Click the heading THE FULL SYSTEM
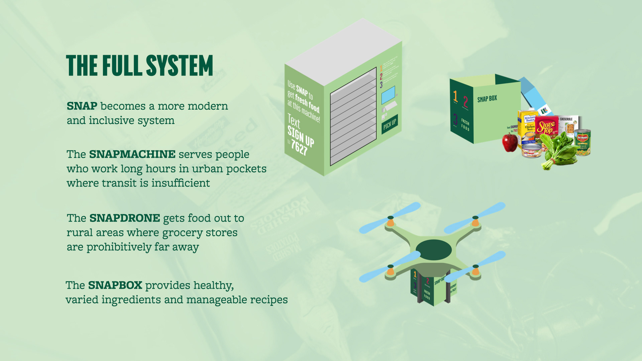click(x=139, y=66)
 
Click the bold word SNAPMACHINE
click(x=132, y=154)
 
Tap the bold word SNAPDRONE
click(x=124, y=218)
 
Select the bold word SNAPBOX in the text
click(x=115, y=285)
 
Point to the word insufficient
click(x=181, y=183)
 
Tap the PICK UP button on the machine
click(x=390, y=124)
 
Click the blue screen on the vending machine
click(x=388, y=95)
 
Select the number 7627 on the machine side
click(x=299, y=147)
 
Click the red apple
click(x=510, y=142)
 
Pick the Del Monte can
click(x=583, y=142)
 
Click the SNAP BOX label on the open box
click(x=487, y=99)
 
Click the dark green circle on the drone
click(x=433, y=250)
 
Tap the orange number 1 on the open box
click(x=455, y=96)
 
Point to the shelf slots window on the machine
click(x=353, y=117)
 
